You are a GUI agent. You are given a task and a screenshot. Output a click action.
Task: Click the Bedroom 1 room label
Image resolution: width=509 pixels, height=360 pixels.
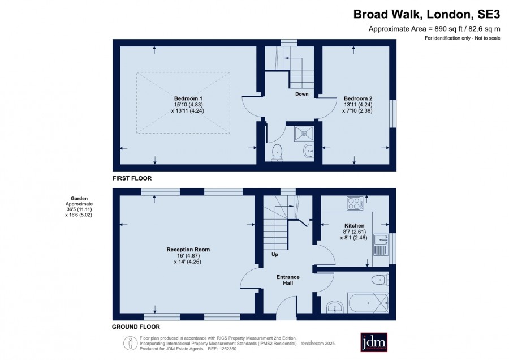188,98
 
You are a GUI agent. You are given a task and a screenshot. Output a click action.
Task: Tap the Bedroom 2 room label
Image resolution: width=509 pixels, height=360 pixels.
358,98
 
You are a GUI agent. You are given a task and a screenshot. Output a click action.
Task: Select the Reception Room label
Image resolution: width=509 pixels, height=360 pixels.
188,250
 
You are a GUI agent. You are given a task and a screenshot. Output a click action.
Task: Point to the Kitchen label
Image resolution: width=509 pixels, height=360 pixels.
354,225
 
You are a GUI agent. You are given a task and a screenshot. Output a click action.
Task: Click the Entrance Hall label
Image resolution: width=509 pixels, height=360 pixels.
288,280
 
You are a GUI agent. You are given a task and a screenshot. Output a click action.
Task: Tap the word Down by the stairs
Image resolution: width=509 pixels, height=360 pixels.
302,94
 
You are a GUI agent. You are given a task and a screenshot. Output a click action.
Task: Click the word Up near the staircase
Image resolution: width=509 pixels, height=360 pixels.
275,254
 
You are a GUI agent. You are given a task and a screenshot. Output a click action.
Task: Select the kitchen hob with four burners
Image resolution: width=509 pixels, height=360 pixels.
355,203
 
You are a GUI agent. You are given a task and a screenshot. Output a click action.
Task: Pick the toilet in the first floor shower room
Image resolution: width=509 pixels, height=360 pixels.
277,152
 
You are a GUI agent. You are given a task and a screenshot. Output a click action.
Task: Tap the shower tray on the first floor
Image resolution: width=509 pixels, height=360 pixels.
304,133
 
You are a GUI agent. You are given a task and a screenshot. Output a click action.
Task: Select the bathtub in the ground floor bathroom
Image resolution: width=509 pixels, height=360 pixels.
368,303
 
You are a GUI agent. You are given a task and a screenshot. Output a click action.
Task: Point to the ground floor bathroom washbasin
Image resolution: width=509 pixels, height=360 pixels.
335,307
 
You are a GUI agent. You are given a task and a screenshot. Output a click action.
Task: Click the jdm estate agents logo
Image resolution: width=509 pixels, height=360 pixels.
374,342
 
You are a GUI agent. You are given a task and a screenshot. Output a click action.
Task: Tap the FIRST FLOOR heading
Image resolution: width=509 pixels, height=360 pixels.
132,178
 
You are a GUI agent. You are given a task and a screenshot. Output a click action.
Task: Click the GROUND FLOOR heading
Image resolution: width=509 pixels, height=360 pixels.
136,327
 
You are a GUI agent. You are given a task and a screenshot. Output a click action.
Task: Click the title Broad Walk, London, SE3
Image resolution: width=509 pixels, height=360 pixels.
426,14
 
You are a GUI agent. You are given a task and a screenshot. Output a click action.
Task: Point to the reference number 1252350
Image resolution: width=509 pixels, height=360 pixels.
227,349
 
